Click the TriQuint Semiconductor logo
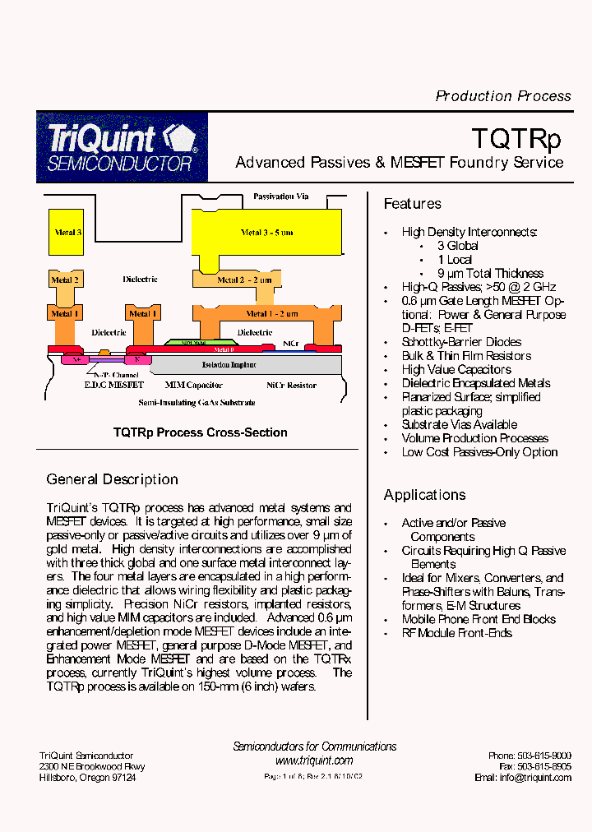click(x=122, y=147)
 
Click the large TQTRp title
click(x=516, y=136)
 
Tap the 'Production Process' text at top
click(x=502, y=96)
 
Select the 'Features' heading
click(x=413, y=204)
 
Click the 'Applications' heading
click(x=424, y=495)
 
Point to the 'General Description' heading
click(x=112, y=479)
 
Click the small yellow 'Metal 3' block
click(x=67, y=233)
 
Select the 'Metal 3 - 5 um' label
click(x=266, y=233)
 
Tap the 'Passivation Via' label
click(x=280, y=196)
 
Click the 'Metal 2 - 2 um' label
click(x=243, y=280)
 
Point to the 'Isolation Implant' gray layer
click(x=229, y=364)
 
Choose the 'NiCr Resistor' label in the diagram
click(x=291, y=385)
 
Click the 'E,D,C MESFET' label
click(x=113, y=385)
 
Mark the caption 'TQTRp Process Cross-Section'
click(x=200, y=432)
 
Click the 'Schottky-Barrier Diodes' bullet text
click(x=461, y=342)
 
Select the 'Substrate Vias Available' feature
click(x=459, y=425)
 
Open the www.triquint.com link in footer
click(x=314, y=760)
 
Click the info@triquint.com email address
click(x=534, y=778)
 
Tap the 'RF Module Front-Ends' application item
click(x=456, y=633)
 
